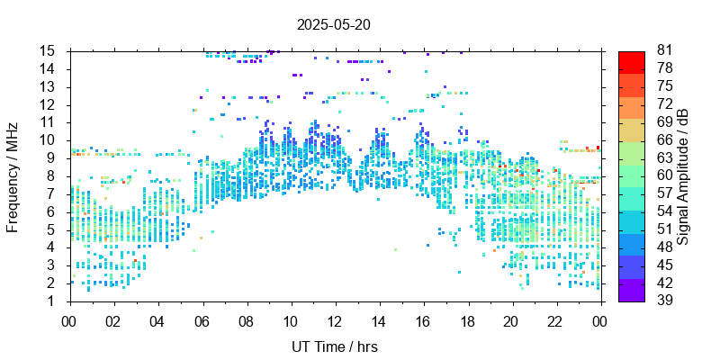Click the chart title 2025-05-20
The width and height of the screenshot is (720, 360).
tap(334, 24)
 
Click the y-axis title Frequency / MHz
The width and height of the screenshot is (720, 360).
tap(13, 175)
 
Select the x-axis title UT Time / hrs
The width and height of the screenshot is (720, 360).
tap(334, 346)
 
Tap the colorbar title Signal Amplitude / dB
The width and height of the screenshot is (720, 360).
tap(684, 175)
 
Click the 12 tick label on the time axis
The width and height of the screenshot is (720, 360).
tap(335, 320)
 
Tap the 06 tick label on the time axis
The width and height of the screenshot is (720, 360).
tap(202, 320)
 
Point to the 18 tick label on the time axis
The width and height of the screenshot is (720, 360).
tap(467, 320)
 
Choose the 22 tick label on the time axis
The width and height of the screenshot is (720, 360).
tap(555, 320)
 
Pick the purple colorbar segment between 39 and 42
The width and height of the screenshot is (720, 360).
tap(631, 292)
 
